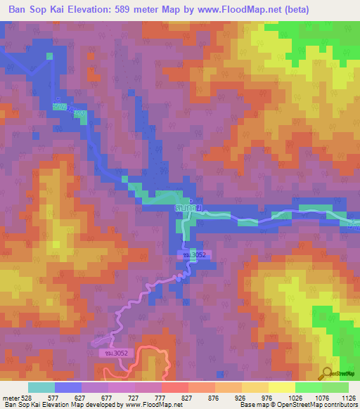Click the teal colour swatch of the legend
click(41, 387)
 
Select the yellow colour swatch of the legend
click(281, 387)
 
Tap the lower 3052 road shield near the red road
click(110, 354)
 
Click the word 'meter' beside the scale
click(10, 398)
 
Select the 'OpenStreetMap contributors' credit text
click(317, 405)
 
